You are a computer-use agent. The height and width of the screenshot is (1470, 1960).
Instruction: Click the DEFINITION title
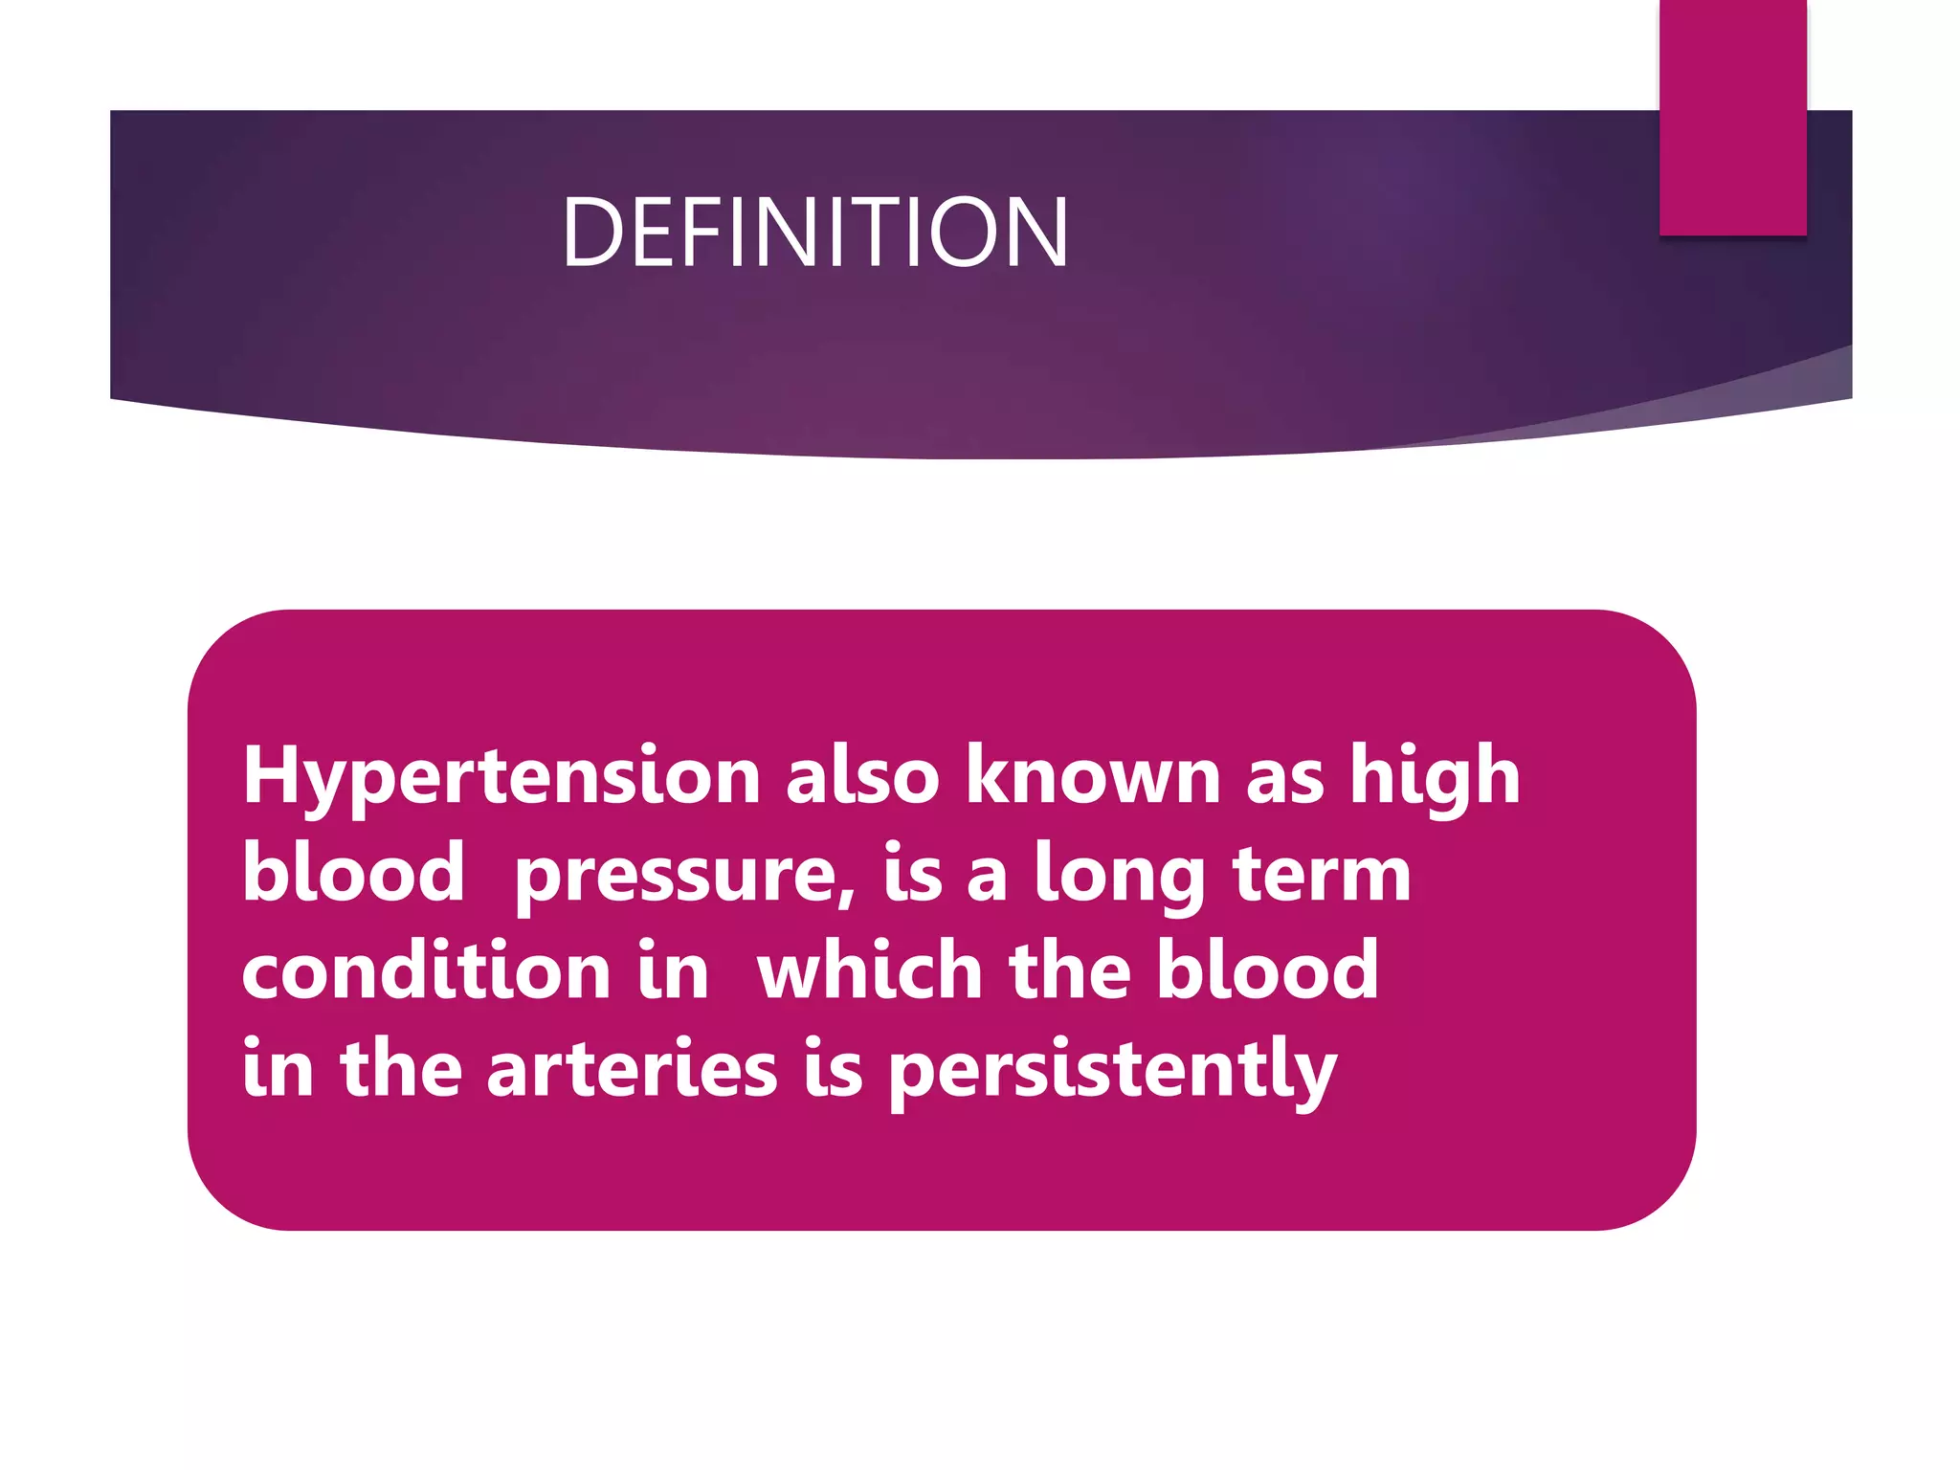[814, 232]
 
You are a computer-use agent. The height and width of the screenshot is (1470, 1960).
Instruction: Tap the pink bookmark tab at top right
[1732, 117]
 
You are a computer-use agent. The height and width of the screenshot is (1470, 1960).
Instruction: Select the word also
[862, 775]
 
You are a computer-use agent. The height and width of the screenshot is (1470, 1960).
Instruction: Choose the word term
[1322, 875]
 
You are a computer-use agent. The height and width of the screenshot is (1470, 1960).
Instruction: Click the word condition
[427, 970]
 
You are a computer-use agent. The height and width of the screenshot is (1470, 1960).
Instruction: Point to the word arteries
[632, 1068]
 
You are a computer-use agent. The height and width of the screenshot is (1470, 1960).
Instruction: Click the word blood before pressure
[353, 873]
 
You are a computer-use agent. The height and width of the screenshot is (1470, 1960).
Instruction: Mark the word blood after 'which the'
[1267, 970]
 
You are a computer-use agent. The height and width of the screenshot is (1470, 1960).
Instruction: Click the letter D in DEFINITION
[591, 232]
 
